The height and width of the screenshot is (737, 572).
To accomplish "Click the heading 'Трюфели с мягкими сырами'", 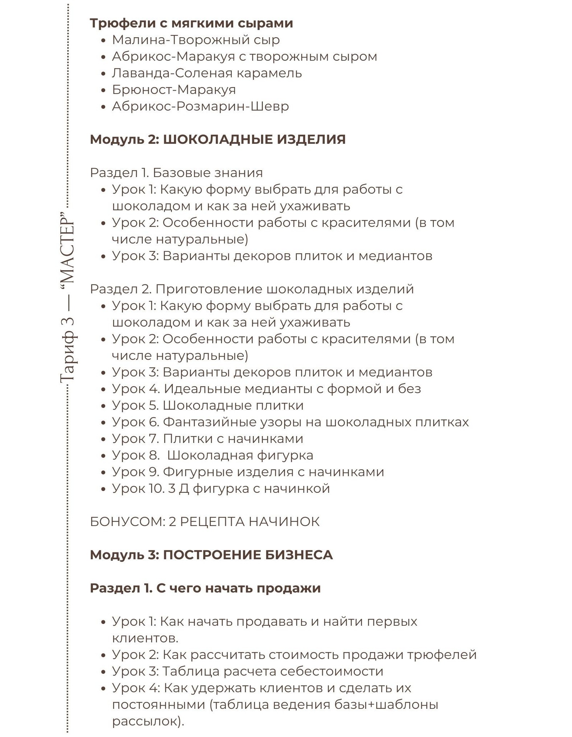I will click(191, 23).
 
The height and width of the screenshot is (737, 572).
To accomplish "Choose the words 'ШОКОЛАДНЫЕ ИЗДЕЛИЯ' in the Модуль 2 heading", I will click(254, 139).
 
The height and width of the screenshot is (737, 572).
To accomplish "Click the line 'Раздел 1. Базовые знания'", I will click(176, 173).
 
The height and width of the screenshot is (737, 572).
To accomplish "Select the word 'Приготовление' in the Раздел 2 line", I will click(209, 289).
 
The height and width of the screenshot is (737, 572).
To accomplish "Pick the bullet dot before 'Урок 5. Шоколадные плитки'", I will click(103, 406).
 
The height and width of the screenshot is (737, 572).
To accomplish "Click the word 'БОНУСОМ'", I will click(127, 522).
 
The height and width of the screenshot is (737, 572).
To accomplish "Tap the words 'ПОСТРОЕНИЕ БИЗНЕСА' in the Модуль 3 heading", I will click(248, 555).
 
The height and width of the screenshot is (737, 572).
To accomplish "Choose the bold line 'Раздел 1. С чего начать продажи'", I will click(205, 588).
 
